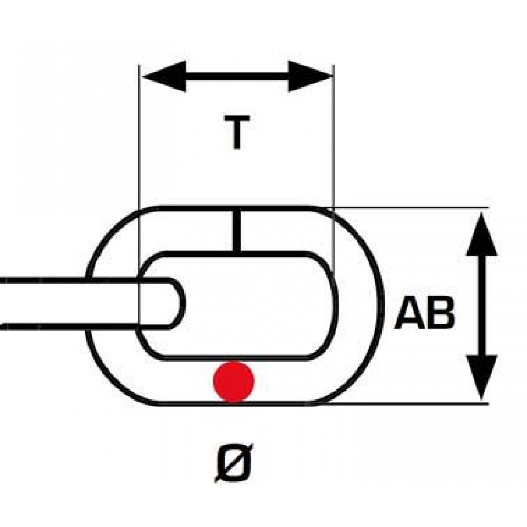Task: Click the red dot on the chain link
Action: (235, 382)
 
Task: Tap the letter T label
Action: (237, 132)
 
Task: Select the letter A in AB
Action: (409, 313)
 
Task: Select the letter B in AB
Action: (440, 313)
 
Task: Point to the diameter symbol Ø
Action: (234, 463)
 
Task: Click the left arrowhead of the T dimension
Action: (164, 76)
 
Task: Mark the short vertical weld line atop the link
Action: (237, 231)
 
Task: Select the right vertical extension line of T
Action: (334, 168)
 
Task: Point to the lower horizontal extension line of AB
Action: (407, 403)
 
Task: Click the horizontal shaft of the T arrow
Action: (237, 76)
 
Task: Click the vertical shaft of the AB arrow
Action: (482, 305)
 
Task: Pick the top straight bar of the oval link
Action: (237, 208)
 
